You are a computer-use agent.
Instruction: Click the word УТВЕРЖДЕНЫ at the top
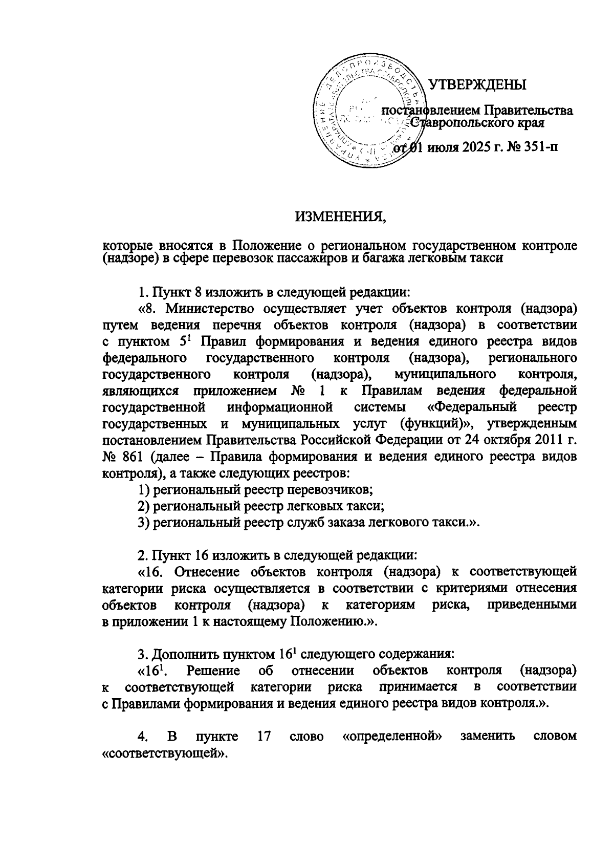pos(476,84)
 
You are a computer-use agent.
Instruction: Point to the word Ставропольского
pos(455,123)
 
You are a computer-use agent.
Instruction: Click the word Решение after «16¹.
pos(213,671)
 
